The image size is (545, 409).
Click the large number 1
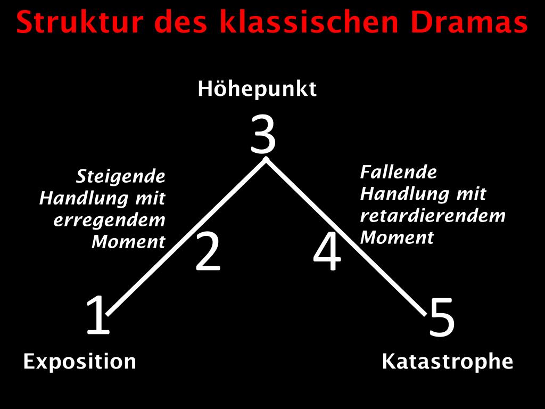coord(98,316)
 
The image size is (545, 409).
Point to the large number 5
coord(442,318)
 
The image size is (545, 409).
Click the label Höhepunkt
coord(257,89)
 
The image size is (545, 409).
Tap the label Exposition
coord(80,362)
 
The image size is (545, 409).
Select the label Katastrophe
coord(448,362)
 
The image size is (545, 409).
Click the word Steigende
coord(121,176)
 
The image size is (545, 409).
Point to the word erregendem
coord(110,220)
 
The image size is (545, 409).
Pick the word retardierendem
coord(432,216)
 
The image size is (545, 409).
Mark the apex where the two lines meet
coord(266,160)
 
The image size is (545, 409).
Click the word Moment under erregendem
coord(128,242)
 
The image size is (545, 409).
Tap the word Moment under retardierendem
coord(397,238)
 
